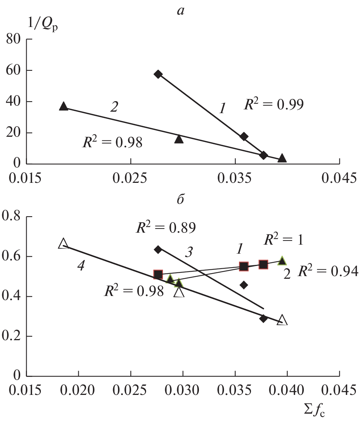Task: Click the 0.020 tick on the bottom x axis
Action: (78, 391)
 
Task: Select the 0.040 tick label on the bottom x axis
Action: (287, 391)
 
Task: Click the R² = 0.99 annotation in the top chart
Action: (273, 105)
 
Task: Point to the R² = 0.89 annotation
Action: (165, 227)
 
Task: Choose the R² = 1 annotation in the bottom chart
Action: (283, 240)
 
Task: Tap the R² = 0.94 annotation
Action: (327, 271)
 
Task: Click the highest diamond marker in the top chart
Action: (158, 74)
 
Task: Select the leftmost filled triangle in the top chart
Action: (64, 106)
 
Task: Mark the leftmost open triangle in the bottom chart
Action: (63, 244)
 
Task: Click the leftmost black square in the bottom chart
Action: (158, 275)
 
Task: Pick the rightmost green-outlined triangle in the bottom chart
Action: (282, 261)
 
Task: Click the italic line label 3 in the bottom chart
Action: (189, 252)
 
